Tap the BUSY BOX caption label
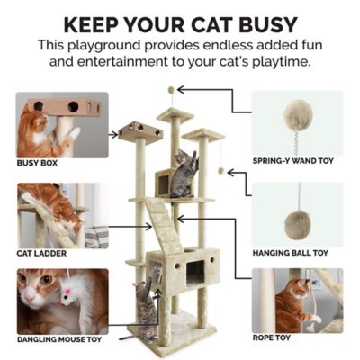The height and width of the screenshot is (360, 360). (x=40, y=164)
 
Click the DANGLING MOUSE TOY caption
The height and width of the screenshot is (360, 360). (x=59, y=339)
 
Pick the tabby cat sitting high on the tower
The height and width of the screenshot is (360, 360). (x=183, y=173)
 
